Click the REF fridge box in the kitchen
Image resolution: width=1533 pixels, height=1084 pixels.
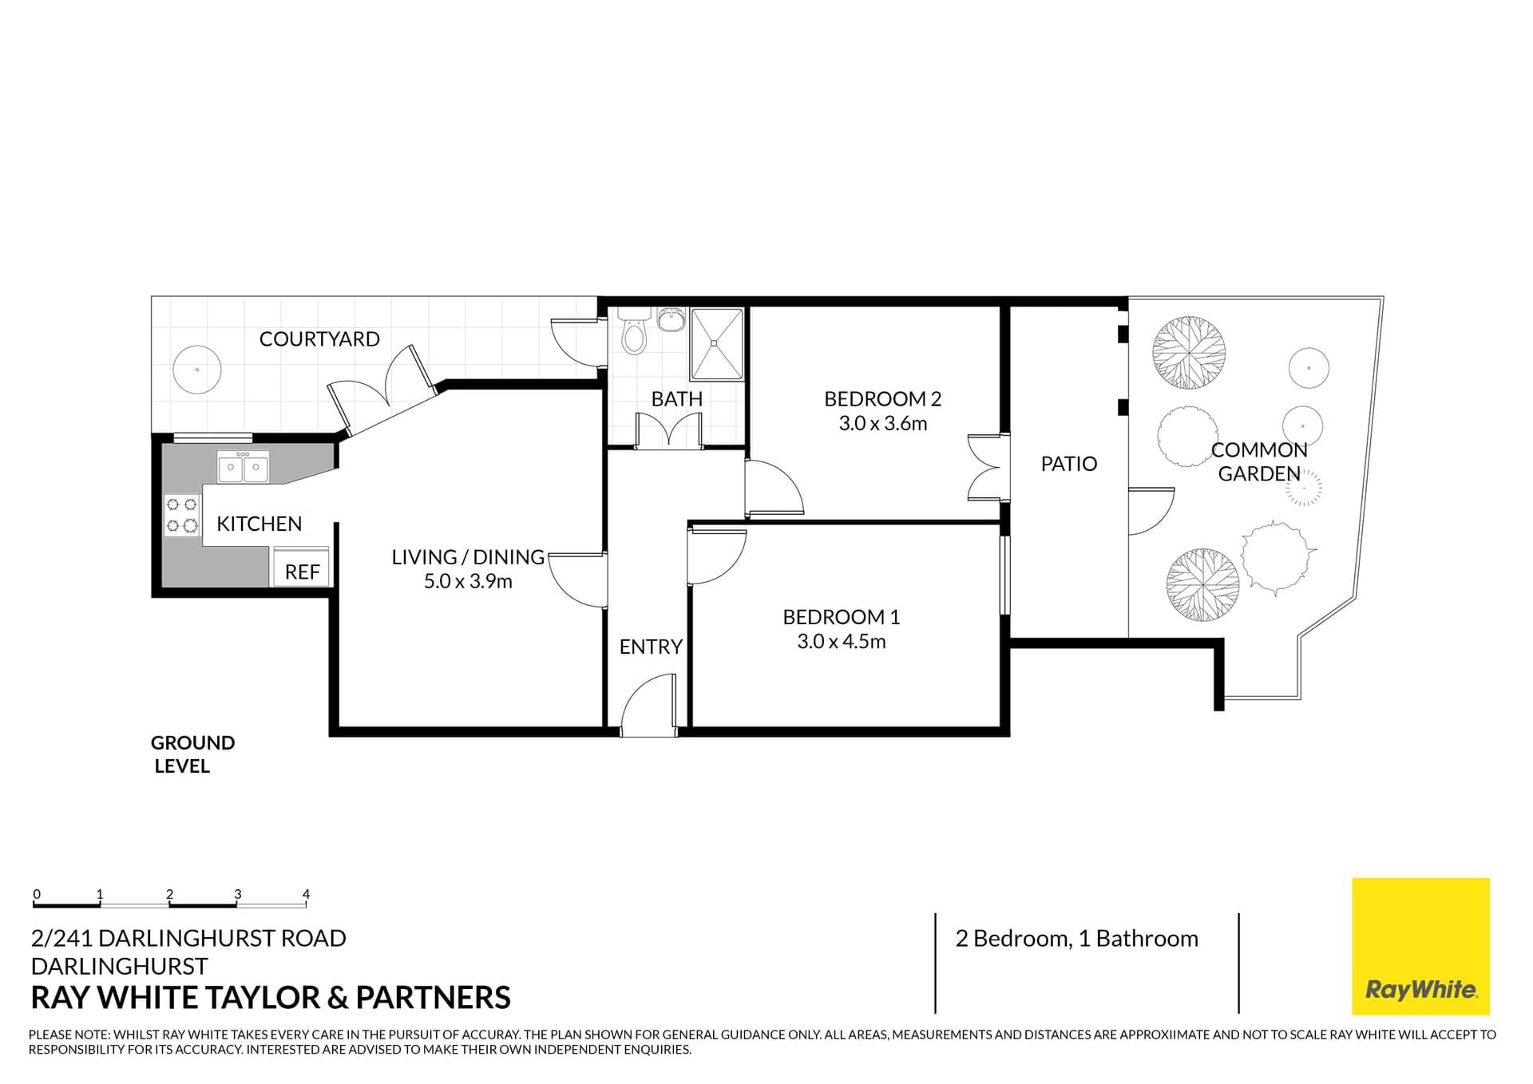tap(301, 568)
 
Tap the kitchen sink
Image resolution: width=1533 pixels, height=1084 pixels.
tap(243, 467)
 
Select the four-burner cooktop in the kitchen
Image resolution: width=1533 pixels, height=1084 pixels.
tap(182, 515)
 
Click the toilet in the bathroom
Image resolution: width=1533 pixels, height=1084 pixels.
tap(633, 334)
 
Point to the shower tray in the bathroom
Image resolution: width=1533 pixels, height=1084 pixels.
tap(717, 344)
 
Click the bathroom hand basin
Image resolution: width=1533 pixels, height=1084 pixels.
tap(671, 321)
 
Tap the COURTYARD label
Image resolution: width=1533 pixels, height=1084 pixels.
tap(319, 339)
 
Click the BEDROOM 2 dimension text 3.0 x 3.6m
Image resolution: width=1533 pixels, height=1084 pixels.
tap(882, 424)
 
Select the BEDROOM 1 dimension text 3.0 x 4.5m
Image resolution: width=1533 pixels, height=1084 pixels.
tap(841, 642)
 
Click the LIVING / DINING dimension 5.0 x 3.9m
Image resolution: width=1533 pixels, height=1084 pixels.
tap(468, 582)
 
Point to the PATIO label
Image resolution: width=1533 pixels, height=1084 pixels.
tap(1068, 464)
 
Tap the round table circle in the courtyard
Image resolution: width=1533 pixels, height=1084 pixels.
tap(197, 370)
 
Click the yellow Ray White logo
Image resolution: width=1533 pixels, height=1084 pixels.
tap(1420, 946)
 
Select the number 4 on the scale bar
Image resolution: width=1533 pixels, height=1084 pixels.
tap(306, 894)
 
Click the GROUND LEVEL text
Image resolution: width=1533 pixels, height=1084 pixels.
tap(192, 754)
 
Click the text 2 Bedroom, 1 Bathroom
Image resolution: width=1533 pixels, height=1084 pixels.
tap(1076, 939)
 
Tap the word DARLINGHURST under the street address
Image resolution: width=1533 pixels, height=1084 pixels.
tap(119, 967)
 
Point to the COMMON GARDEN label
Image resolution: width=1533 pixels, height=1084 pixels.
tap(1258, 462)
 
